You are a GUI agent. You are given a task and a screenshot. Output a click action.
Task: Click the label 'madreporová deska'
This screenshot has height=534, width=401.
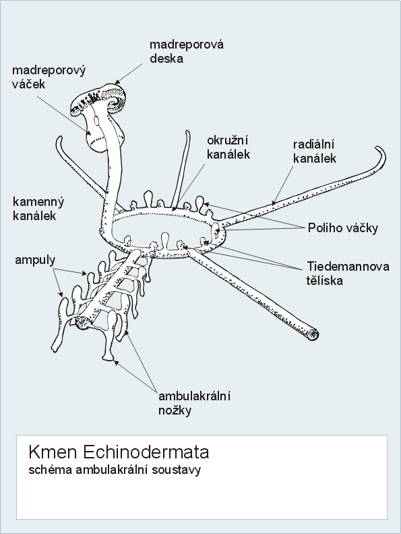coord(187,51)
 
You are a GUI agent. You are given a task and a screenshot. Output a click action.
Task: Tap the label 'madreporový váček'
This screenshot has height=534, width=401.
coord(49,77)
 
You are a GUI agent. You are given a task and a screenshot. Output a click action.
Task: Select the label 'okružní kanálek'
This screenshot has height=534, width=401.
coord(228,147)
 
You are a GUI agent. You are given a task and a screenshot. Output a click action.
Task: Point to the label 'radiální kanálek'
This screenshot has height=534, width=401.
coord(315,151)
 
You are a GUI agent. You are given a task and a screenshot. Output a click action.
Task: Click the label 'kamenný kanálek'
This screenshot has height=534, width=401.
coord(38,209)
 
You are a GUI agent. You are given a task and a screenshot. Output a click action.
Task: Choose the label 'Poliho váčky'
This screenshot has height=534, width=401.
coord(343,228)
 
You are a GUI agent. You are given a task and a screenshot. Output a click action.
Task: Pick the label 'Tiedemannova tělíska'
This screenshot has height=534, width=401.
coord(348,273)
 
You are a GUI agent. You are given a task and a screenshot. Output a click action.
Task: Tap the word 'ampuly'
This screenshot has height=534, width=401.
coord(35,260)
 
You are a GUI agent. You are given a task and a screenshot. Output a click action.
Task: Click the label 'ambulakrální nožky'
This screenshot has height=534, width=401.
coord(195,403)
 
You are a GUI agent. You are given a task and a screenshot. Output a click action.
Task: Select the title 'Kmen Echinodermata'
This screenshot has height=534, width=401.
coord(119,452)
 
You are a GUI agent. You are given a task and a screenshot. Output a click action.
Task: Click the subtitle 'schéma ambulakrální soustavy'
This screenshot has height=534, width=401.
coord(115,470)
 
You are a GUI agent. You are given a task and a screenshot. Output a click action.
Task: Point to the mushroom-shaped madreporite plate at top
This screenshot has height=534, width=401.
coord(99,99)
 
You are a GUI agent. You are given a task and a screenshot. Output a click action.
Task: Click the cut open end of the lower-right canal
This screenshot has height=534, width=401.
coord(313,334)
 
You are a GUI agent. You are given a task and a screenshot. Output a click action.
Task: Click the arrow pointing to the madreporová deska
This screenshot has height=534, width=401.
coord(132,72)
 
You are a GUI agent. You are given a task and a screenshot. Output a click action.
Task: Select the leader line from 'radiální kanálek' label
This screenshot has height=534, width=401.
coord(282,186)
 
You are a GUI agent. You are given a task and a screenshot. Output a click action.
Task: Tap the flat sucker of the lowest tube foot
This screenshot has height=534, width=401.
coord(108,357)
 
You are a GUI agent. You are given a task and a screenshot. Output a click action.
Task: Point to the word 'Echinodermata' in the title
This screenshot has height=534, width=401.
coord(146,452)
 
